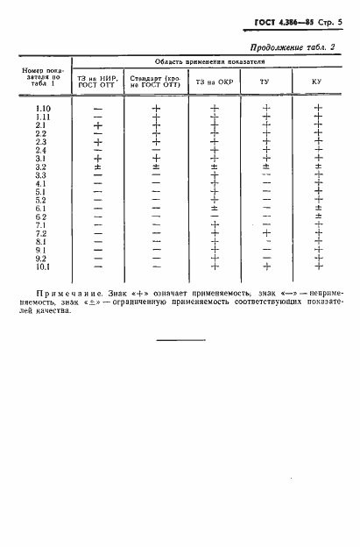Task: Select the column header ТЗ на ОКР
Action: point(214,82)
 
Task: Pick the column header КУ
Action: point(317,82)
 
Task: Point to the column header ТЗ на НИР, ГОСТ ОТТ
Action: point(97,82)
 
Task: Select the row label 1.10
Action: point(41,109)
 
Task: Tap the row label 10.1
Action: point(41,266)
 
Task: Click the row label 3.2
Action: point(41,167)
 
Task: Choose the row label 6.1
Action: point(41,209)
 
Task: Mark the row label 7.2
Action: point(41,233)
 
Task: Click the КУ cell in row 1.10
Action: point(318,109)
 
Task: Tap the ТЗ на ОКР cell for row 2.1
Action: point(214,125)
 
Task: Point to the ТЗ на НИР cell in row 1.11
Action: point(97,117)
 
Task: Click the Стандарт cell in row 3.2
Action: point(156,167)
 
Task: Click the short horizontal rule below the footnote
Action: point(180,339)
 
